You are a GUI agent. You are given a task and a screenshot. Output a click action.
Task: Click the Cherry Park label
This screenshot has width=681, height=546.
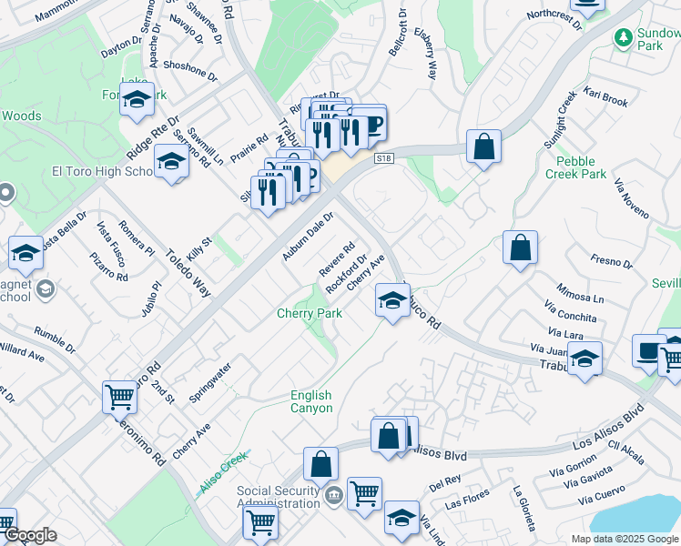[x=310, y=314]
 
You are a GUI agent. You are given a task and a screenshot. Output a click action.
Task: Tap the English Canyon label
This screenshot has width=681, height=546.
[x=310, y=401]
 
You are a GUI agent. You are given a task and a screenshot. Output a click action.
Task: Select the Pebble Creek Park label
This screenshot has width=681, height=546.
[x=574, y=167]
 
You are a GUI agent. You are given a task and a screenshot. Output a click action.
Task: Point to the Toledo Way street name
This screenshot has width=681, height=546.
[x=188, y=269]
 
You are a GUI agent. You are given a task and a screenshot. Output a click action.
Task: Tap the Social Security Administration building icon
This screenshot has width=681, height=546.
[x=333, y=494]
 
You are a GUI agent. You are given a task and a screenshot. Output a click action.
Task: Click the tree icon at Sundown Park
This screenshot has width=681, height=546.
[x=624, y=38]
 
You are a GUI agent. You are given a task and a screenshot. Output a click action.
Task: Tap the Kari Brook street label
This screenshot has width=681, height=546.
[x=606, y=97]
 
